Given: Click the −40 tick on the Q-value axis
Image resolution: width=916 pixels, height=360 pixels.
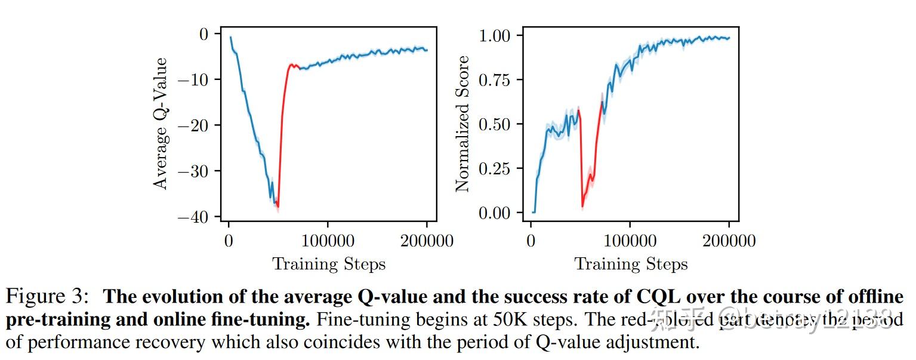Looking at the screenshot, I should (x=196, y=217).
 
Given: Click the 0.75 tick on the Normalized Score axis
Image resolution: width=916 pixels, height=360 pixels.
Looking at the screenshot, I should (x=493, y=80).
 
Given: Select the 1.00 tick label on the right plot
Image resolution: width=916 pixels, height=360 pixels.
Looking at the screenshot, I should (x=493, y=36).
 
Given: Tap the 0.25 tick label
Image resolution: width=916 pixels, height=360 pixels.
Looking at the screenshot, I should (x=493, y=168).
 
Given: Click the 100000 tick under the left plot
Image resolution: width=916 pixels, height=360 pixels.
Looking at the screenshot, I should (x=327, y=241).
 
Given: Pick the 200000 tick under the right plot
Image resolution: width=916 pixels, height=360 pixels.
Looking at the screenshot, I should (x=729, y=241).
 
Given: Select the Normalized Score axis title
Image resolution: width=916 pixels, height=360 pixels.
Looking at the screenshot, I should (x=463, y=124).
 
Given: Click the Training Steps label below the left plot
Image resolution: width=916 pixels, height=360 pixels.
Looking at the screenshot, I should (x=329, y=264).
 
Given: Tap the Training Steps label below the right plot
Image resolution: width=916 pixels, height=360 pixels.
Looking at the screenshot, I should (x=631, y=264).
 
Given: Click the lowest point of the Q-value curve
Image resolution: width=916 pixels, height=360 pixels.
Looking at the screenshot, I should (x=278, y=207).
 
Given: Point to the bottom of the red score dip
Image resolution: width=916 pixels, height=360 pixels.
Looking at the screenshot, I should (x=582, y=207).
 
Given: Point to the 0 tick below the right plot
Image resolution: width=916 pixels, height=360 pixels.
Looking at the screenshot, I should (x=531, y=241).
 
